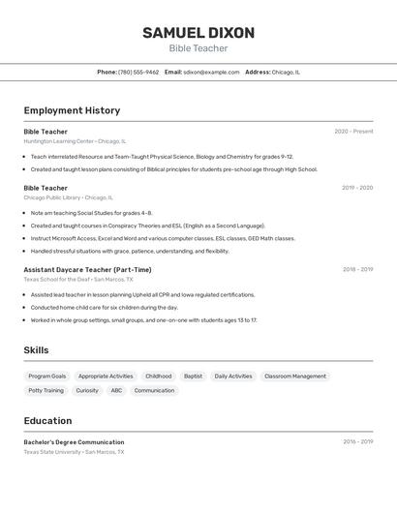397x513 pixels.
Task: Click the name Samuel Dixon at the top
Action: [x=198, y=33]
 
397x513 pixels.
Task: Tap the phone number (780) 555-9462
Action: [x=138, y=72]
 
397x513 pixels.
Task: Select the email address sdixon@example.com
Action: [x=211, y=72]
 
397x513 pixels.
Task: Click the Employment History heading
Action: [x=72, y=110]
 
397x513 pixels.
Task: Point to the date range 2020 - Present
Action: [x=353, y=132]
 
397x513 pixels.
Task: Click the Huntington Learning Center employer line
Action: [x=75, y=141]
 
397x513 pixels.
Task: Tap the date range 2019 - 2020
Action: [x=357, y=188]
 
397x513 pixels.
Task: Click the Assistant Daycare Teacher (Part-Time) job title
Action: [x=87, y=270]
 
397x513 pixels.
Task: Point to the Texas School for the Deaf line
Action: [x=72, y=280]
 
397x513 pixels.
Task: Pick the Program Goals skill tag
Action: [x=47, y=376]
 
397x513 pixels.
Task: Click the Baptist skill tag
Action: [x=193, y=376]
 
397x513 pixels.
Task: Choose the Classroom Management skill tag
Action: [x=295, y=376]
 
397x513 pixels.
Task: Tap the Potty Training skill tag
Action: [x=46, y=390]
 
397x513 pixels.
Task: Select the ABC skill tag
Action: [x=116, y=390]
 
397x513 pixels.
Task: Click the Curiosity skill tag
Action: [x=87, y=390]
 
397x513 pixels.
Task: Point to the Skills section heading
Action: [x=36, y=350]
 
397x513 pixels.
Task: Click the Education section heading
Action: [x=47, y=421]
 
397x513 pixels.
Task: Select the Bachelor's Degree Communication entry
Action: [x=74, y=442]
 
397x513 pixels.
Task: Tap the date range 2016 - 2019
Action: [x=357, y=442]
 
